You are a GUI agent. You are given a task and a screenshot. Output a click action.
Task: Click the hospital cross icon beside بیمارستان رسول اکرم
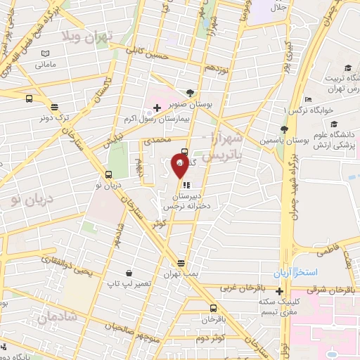(x=156, y=107)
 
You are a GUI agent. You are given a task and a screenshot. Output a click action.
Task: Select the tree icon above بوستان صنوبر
(x=190, y=93)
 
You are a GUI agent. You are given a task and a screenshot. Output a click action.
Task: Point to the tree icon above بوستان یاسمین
(x=283, y=129)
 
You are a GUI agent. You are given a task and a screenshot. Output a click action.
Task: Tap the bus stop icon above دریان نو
(x=108, y=174)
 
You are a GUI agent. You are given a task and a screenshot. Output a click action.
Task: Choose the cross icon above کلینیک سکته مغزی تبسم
(x=280, y=291)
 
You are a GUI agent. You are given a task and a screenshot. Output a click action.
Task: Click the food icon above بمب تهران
(x=181, y=262)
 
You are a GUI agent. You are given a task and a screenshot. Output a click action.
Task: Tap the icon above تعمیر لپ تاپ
(x=129, y=272)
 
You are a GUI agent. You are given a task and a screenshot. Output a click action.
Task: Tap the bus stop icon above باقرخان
(x=213, y=308)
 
